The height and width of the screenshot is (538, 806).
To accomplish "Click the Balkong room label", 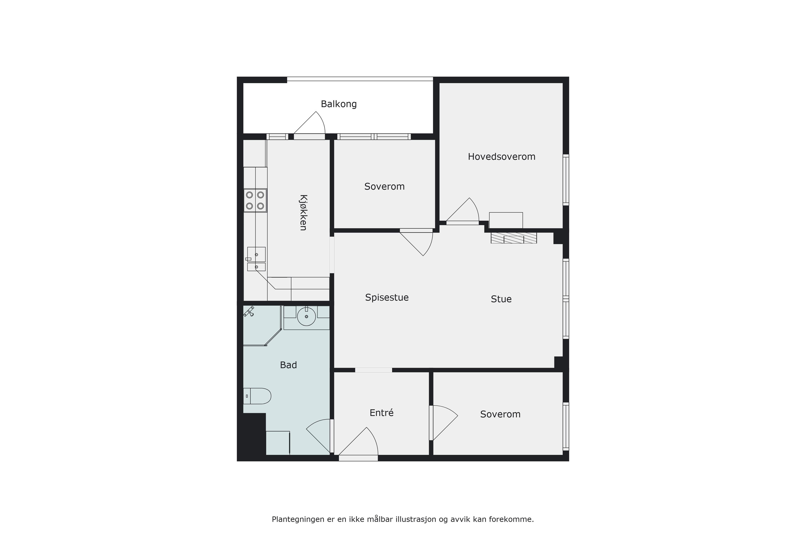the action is (x=339, y=104).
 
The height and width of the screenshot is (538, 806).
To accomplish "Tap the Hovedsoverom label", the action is (x=501, y=157).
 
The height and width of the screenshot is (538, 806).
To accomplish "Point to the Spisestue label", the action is (x=387, y=298).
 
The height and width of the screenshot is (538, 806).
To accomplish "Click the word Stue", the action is (x=501, y=299).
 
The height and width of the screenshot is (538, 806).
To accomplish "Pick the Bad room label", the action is (x=288, y=365).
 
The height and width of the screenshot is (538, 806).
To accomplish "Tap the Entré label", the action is (x=381, y=413).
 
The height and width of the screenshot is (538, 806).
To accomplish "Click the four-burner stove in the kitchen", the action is (x=255, y=200).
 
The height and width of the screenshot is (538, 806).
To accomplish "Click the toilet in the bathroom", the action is (x=257, y=396).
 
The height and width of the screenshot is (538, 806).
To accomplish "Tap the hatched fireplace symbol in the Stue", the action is (x=514, y=238).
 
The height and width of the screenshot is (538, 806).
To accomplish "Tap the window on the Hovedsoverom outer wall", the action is (x=566, y=180).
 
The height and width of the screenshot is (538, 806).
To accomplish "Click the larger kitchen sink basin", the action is (x=256, y=254).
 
